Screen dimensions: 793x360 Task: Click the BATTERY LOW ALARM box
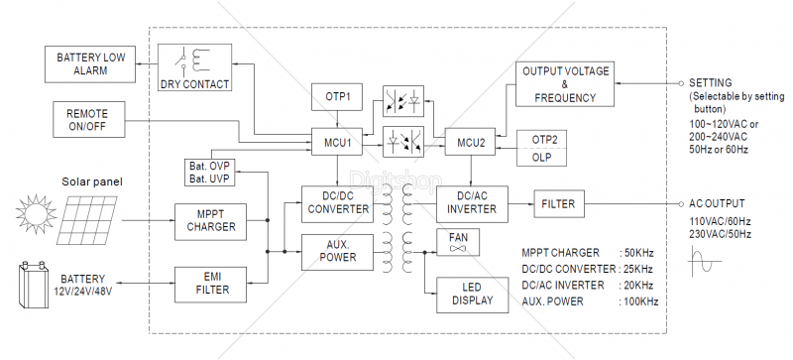point(90,63)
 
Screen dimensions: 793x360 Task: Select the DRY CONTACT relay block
point(194,67)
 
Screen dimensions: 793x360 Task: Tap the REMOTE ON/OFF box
point(88,119)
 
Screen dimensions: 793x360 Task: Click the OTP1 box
point(337,97)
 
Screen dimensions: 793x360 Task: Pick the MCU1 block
point(337,144)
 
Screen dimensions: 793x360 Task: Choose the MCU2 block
point(470,142)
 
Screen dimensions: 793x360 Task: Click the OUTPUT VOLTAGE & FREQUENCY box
point(565,84)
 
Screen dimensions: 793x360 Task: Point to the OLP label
point(541,158)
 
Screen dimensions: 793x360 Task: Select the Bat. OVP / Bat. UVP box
point(210,172)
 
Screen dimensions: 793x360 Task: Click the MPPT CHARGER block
point(210,222)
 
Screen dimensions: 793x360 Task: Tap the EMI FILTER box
point(210,285)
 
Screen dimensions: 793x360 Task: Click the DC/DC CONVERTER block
point(337,204)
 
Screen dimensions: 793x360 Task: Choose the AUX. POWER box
point(337,252)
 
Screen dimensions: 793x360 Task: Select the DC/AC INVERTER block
point(473,204)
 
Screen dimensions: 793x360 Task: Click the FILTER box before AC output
point(559,204)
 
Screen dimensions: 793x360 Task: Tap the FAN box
point(458,242)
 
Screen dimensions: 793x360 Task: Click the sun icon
point(36,213)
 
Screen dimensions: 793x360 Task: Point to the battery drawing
point(34,284)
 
